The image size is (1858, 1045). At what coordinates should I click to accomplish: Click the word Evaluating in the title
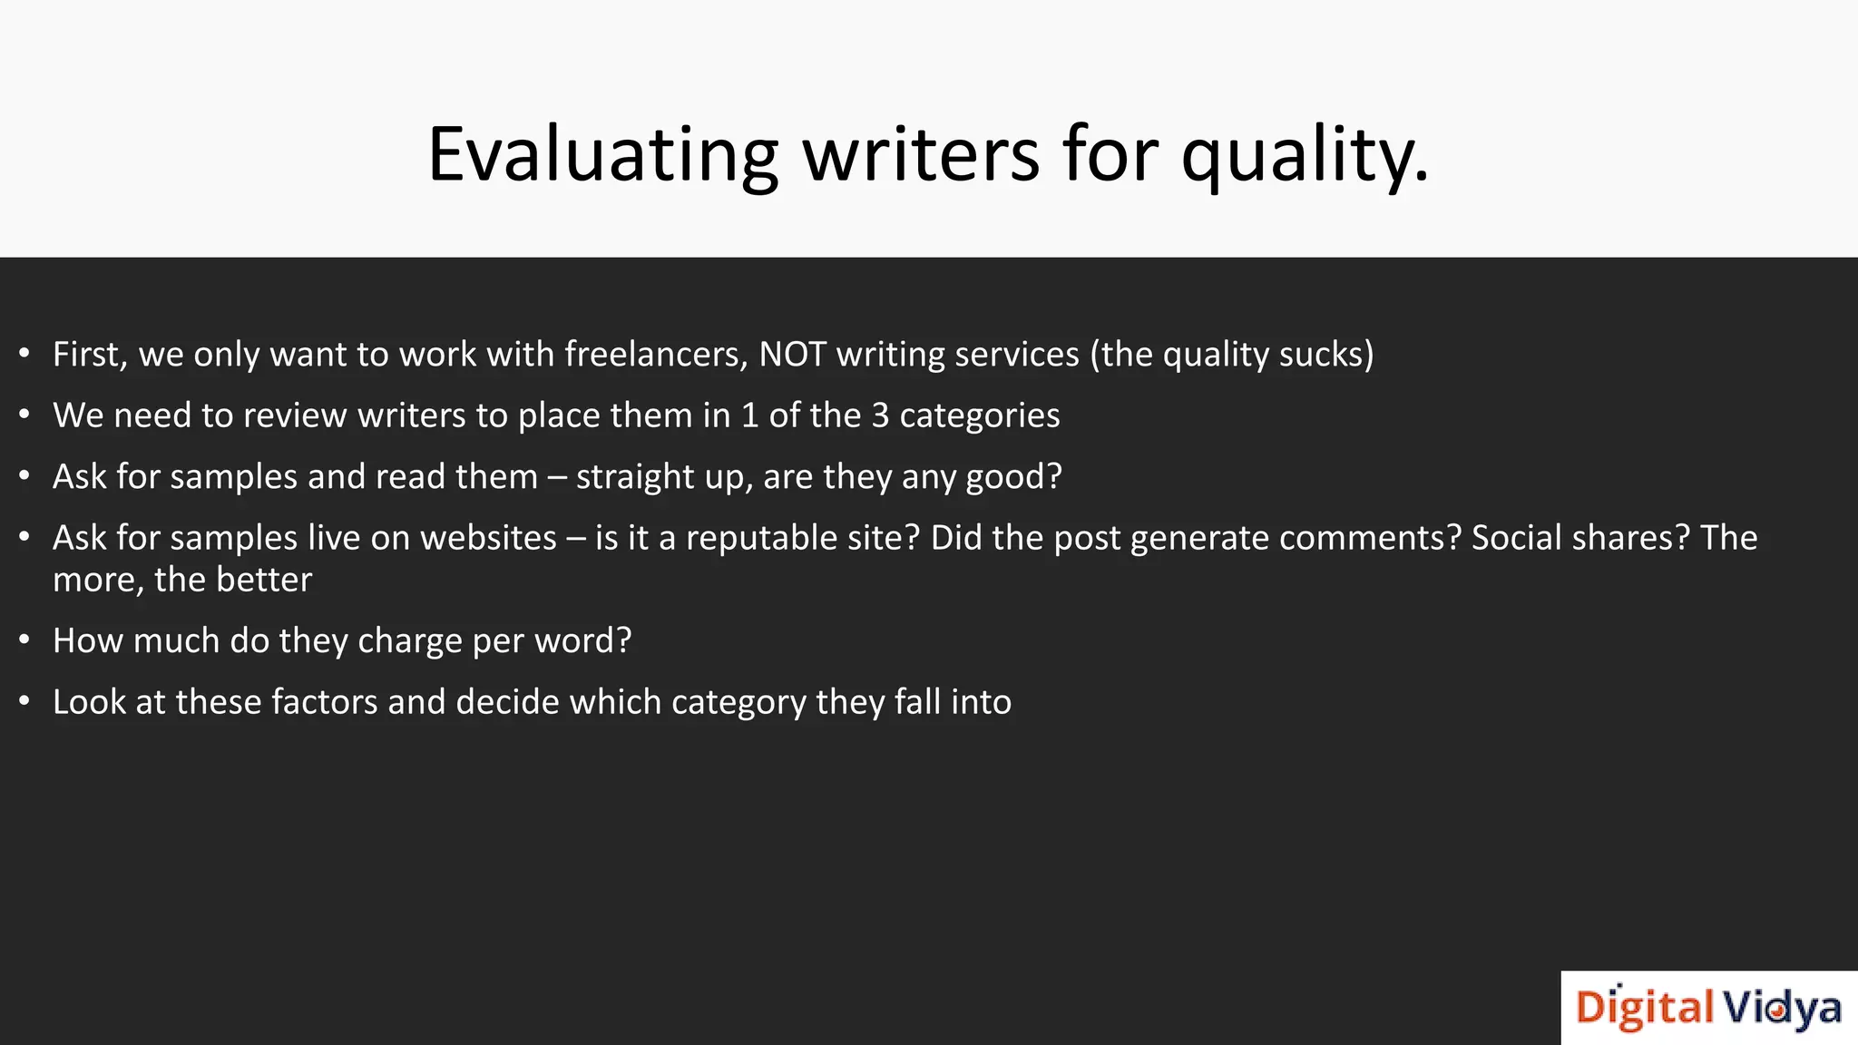pyautogui.click(x=602, y=154)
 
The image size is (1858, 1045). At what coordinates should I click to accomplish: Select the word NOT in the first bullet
pyautogui.click(x=792, y=355)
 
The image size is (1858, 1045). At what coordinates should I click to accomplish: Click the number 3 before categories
pyautogui.click(x=880, y=415)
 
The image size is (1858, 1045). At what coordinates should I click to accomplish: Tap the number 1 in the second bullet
pyautogui.click(x=749, y=415)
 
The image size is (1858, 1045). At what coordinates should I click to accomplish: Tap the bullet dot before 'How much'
pyautogui.click(x=24, y=640)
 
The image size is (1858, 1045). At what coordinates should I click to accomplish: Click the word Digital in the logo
pyautogui.click(x=1644, y=1009)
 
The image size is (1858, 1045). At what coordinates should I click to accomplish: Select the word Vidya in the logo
pyautogui.click(x=1781, y=1009)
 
